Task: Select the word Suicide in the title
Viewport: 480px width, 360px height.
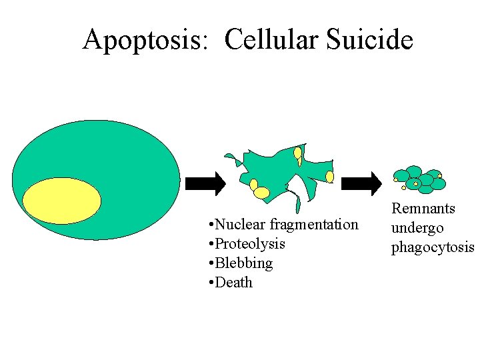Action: pyautogui.click(x=371, y=40)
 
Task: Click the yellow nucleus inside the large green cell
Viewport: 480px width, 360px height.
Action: pyautogui.click(x=61, y=201)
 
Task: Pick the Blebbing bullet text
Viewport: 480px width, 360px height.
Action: pyautogui.click(x=244, y=263)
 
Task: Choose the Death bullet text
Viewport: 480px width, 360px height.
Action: pyautogui.click(x=234, y=282)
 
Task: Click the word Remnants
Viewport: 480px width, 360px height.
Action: pyautogui.click(x=423, y=209)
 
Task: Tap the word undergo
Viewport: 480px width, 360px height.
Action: pyautogui.click(x=417, y=228)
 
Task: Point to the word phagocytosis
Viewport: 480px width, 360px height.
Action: pyautogui.click(x=433, y=247)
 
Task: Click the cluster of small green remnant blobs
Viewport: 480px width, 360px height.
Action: pyautogui.click(x=419, y=178)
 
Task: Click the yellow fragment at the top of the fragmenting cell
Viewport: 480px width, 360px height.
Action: pyautogui.click(x=297, y=153)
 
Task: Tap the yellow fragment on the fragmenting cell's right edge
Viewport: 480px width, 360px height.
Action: pyautogui.click(x=329, y=177)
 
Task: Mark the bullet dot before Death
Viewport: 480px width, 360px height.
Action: pyautogui.click(x=211, y=283)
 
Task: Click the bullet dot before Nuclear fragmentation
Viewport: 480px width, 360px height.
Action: pyautogui.click(x=211, y=225)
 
